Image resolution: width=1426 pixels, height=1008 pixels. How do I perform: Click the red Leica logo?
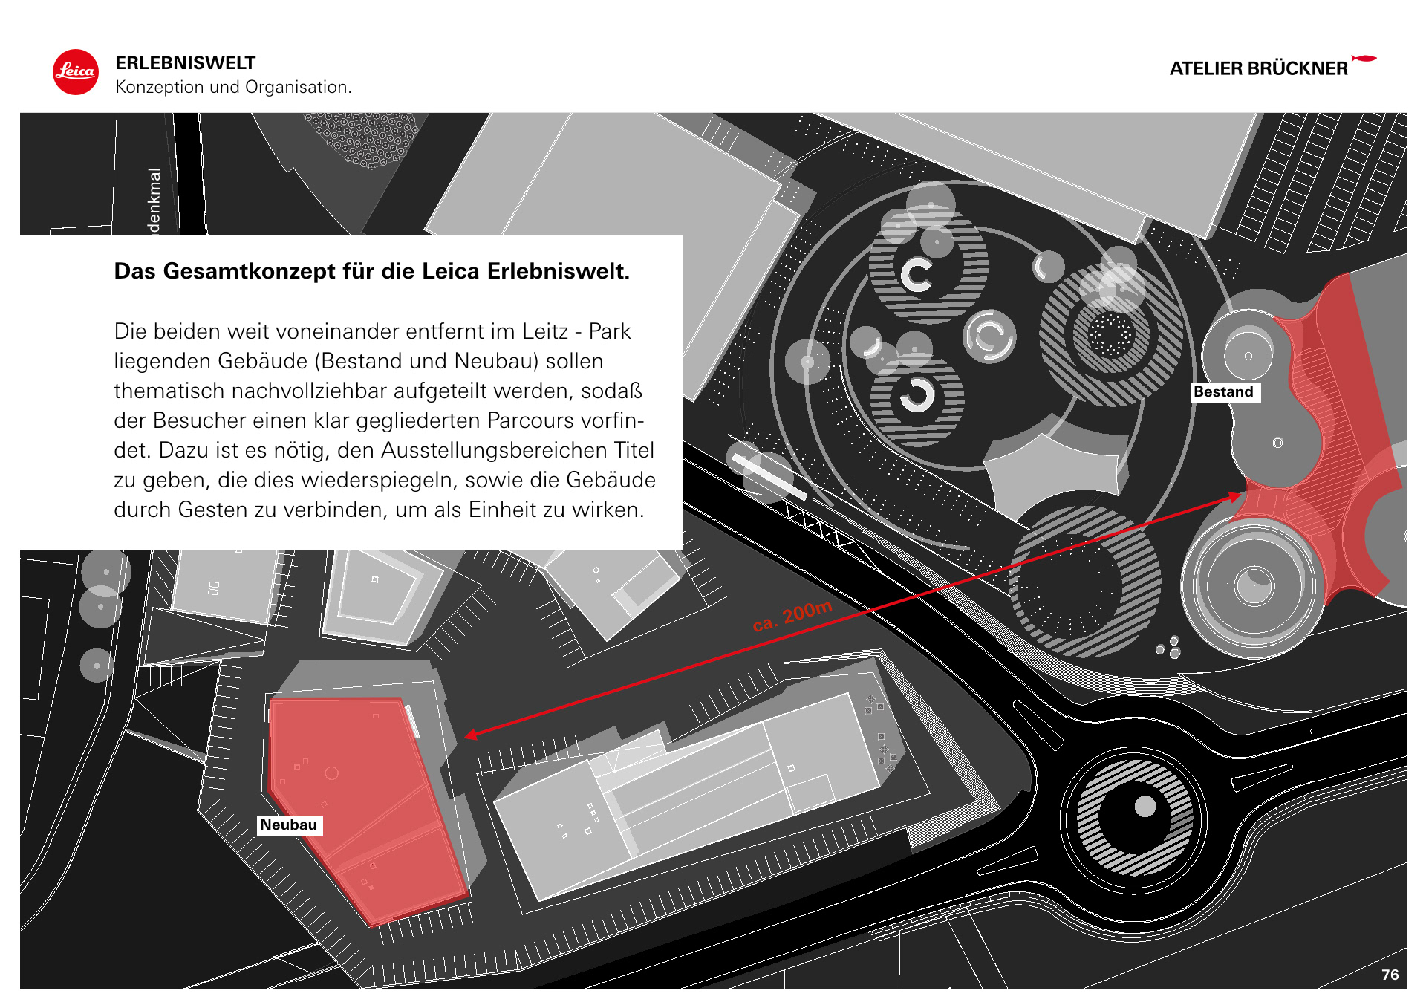75,72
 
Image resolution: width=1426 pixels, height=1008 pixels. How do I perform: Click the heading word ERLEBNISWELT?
185,63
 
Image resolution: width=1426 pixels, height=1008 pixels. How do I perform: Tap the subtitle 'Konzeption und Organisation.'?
233,88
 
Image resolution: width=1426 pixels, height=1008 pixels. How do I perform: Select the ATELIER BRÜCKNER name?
1258,69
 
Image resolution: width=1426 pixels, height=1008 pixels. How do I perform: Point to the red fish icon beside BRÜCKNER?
1364,58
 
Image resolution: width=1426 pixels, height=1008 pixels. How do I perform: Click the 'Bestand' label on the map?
1223,392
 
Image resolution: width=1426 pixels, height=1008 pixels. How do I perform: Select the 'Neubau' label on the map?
288,825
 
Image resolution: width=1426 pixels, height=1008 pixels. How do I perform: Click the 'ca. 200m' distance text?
792,617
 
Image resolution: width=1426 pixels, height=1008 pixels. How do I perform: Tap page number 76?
1390,975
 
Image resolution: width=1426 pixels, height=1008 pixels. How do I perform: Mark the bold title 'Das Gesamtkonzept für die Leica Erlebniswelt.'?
371,271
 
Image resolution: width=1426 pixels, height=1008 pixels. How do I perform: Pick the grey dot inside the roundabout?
1145,806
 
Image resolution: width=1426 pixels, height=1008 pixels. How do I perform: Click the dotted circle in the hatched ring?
1111,334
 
